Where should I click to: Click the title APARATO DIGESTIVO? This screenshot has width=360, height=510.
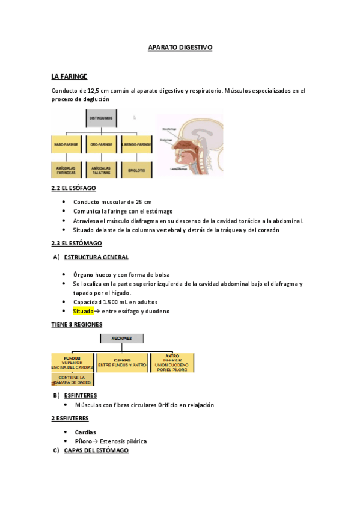(180, 47)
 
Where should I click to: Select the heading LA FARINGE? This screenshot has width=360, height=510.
(69, 76)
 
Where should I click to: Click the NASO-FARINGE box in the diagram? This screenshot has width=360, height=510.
(67, 145)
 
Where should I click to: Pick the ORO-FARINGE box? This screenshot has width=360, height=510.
(102, 145)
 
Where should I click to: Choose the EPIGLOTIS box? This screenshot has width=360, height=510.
(136, 170)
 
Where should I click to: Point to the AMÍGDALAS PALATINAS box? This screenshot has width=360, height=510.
(102, 170)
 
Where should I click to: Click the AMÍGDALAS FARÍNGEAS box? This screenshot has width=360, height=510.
(67, 170)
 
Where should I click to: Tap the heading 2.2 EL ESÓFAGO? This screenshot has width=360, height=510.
(73, 188)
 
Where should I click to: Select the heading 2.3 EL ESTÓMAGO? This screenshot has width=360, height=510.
(76, 243)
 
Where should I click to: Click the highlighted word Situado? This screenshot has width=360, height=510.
(84, 311)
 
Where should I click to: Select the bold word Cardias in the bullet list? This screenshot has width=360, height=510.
(85, 432)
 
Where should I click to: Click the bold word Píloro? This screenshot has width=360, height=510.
(84, 441)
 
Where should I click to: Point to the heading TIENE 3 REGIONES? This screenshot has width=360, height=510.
(76, 324)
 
